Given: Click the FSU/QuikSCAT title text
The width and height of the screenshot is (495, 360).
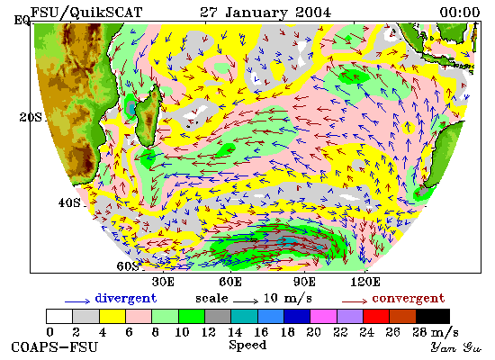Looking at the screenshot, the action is (86, 13).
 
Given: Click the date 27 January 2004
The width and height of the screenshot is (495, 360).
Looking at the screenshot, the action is (265, 13).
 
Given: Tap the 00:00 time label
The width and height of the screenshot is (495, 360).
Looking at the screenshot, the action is (460, 13).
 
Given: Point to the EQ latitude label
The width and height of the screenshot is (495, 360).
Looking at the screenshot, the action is (22, 21).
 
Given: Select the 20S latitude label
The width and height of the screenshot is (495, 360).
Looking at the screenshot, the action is (31, 117).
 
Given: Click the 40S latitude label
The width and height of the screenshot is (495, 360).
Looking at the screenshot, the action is (69, 202).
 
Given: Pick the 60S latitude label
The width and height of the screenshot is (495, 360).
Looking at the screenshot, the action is (128, 266).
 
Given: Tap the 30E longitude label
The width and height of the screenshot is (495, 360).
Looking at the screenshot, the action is (163, 282).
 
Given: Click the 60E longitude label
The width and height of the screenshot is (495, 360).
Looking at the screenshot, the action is (230, 282).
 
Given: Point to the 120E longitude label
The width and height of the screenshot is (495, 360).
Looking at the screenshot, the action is (365, 282).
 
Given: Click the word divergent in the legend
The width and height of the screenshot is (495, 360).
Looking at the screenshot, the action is (126, 299).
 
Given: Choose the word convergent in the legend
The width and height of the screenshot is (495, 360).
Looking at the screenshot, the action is (409, 299).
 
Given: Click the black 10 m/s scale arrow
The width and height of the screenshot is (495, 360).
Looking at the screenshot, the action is (246, 301).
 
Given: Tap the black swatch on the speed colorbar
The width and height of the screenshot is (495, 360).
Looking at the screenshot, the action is (433, 317).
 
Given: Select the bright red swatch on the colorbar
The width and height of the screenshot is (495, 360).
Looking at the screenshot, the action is (376, 317).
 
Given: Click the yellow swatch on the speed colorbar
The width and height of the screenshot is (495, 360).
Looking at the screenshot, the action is (112, 317).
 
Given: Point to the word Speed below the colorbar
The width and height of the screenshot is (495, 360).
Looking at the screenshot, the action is (247, 345).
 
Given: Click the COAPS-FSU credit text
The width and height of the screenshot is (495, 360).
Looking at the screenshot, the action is (54, 347).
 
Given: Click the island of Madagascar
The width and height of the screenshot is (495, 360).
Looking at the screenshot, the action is (148, 115).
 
